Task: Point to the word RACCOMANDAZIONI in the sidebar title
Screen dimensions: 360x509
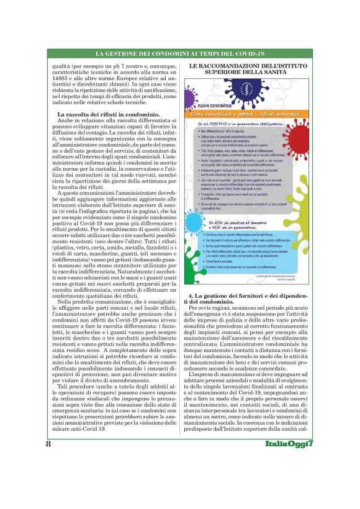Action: pos(240,64)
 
